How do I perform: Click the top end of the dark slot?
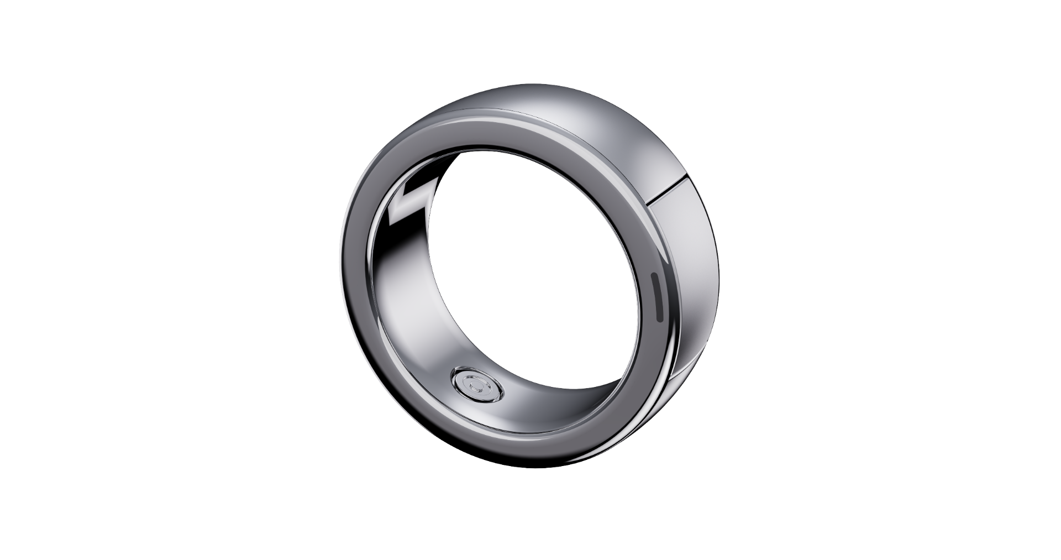[655, 275]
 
